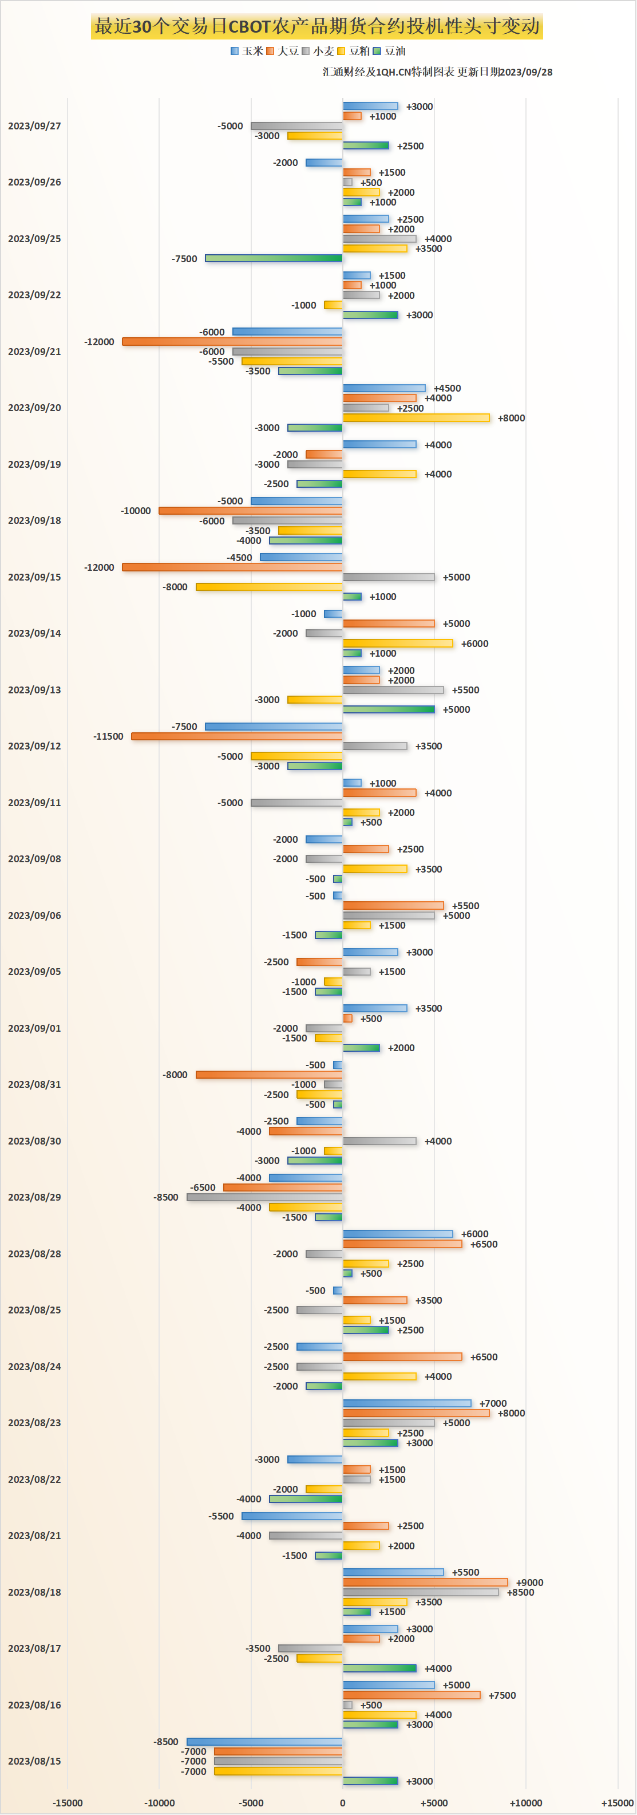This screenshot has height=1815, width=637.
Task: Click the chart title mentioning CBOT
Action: (x=317, y=27)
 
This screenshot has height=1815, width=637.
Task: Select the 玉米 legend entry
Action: (x=247, y=51)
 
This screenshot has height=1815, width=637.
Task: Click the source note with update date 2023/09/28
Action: (x=437, y=72)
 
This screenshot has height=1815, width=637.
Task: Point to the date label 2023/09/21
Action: (x=34, y=352)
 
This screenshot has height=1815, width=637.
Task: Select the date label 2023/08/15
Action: (x=34, y=1761)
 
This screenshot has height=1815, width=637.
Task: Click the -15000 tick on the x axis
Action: (x=68, y=1802)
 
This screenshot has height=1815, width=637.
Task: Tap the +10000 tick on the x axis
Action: (x=525, y=1802)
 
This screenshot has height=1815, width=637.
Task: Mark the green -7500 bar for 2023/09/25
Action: (x=274, y=259)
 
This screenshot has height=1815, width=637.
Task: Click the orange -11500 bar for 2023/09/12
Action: (x=237, y=736)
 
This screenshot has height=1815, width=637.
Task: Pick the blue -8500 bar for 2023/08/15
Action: (x=264, y=1741)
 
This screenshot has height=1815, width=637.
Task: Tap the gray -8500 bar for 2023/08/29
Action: (x=264, y=1197)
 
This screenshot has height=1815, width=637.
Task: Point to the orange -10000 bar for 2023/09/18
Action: (x=250, y=511)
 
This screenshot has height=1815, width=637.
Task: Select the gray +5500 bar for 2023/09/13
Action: (x=393, y=690)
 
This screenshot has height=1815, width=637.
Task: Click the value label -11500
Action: (x=109, y=736)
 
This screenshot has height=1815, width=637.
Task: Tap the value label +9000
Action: (x=529, y=1583)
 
